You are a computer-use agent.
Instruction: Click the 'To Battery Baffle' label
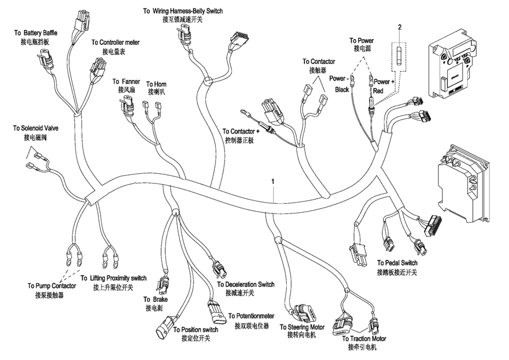[35, 34]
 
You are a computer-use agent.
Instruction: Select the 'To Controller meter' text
[115, 42]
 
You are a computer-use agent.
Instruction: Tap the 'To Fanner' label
[126, 82]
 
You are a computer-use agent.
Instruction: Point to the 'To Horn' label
[157, 84]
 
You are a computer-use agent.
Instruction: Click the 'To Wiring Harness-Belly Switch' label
[182, 11]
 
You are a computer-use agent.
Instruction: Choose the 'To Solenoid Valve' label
[36, 128]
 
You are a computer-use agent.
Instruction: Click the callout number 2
[400, 27]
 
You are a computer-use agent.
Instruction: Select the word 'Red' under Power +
[378, 90]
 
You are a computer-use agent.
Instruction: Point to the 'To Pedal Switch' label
[397, 263]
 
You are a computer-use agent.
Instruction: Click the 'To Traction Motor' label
[364, 338]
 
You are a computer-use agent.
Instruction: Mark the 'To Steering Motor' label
[302, 327]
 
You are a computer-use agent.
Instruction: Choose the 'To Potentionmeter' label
[252, 316]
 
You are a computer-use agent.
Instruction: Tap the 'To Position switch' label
[196, 329]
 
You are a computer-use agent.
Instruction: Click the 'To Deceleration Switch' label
[246, 284]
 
